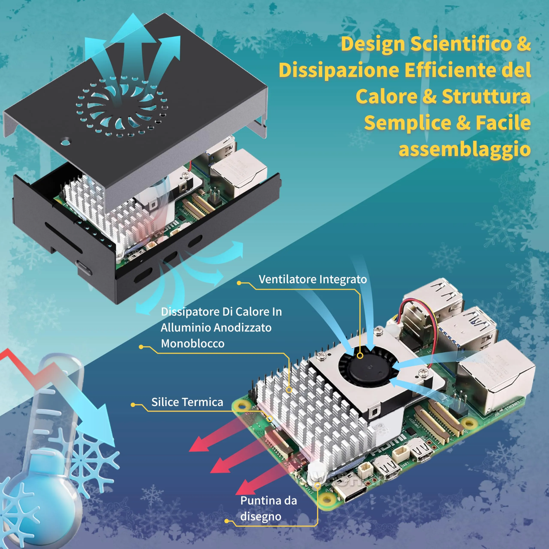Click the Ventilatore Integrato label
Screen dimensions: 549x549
[x=313, y=279]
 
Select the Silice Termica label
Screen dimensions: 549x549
[x=187, y=402]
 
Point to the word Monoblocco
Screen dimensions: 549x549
[x=193, y=344]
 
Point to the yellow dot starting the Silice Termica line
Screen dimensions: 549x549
[x=133, y=405]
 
